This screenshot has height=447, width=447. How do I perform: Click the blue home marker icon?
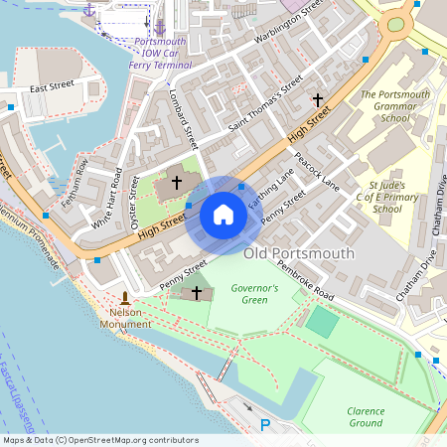[x=223, y=214]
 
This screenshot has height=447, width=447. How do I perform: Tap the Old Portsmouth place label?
[x=298, y=254]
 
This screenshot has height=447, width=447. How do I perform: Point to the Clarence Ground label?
[x=365, y=416]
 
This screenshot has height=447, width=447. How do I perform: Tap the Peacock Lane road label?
[x=317, y=172]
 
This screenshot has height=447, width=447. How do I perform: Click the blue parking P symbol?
[x=265, y=425]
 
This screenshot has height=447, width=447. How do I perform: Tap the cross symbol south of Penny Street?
[x=197, y=292]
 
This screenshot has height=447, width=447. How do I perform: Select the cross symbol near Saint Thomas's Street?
[x=318, y=99]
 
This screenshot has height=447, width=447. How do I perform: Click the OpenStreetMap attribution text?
[x=100, y=440]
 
